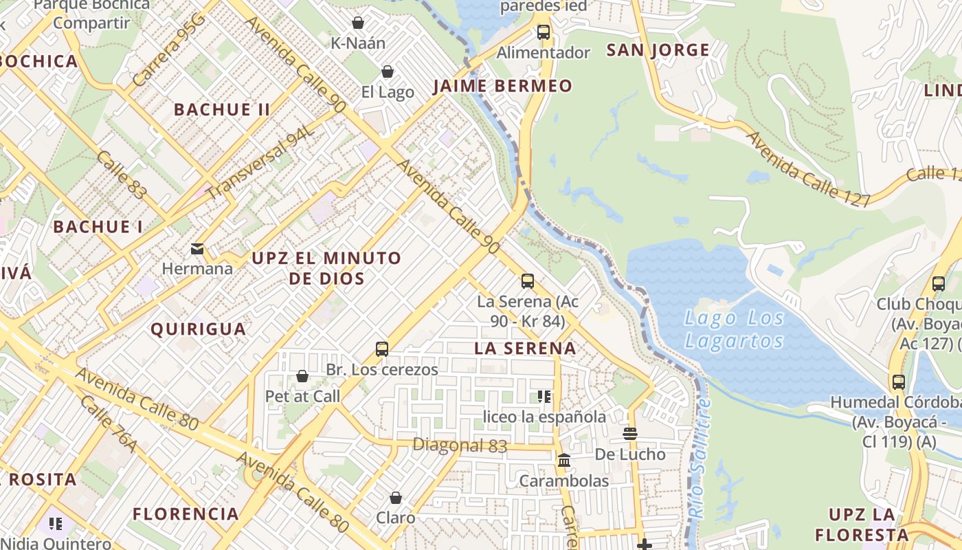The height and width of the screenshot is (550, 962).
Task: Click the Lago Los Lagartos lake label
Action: click(x=734, y=329)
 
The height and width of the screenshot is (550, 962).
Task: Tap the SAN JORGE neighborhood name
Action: click(x=658, y=50)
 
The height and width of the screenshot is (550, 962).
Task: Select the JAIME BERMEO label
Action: click(x=502, y=86)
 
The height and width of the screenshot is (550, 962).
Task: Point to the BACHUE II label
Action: click(x=222, y=109)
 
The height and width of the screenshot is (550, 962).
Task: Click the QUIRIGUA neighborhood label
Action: click(x=198, y=329)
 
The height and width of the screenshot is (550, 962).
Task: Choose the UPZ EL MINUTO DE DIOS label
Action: click(x=326, y=268)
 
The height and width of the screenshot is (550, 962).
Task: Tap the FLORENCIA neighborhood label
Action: click(x=186, y=514)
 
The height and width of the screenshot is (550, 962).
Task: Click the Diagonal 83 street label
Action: click(x=460, y=445)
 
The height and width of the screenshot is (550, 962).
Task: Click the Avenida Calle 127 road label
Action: click(x=808, y=168)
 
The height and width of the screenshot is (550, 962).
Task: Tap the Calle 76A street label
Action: click(x=108, y=424)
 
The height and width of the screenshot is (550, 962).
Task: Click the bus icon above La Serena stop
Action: click(x=527, y=280)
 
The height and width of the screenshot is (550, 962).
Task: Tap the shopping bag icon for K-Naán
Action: click(x=357, y=23)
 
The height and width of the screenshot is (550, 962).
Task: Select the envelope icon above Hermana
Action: click(x=197, y=248)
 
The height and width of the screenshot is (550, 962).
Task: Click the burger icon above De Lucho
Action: click(x=629, y=434)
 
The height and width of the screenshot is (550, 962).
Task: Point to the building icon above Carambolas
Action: click(x=564, y=460)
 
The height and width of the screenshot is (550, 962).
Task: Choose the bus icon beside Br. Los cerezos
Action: click(x=382, y=349)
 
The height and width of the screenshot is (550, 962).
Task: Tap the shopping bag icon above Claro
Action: click(x=395, y=497)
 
